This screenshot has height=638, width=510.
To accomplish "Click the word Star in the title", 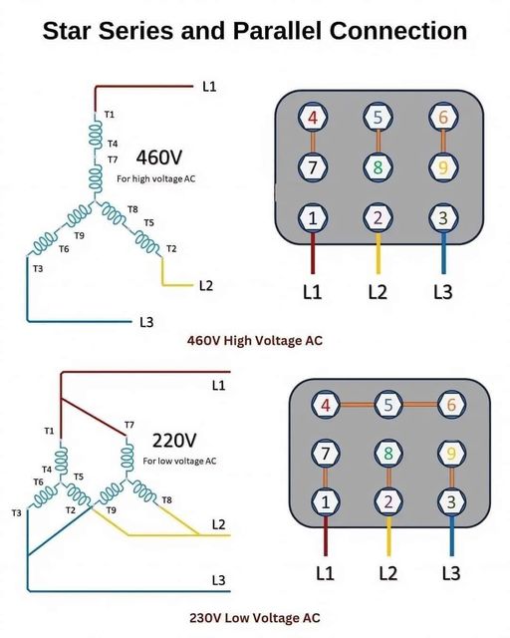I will click(75, 31).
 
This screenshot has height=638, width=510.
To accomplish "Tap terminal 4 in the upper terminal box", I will click(314, 118).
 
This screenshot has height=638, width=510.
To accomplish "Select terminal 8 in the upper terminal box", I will click(378, 166).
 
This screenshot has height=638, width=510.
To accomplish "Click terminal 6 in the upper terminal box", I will click(442, 118).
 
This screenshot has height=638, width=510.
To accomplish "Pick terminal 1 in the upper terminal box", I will click(314, 216).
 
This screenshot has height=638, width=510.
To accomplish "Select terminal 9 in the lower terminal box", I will click(452, 454).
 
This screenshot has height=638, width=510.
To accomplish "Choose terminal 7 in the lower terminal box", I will click(325, 454).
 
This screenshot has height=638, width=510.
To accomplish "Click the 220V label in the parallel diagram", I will click(175, 440).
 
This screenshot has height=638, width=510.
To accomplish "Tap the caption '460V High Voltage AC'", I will click(255, 340).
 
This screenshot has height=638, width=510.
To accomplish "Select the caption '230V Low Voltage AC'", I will click(255, 617).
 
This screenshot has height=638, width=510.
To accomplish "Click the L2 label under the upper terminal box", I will click(378, 292).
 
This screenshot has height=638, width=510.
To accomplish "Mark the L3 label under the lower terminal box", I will click(451, 573).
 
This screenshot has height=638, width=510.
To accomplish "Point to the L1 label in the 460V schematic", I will click(208, 87).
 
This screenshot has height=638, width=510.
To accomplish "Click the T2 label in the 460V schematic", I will click(171, 248).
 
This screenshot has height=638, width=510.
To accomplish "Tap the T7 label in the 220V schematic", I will click(129, 426).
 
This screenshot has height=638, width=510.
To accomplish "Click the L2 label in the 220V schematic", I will click(219, 522).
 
